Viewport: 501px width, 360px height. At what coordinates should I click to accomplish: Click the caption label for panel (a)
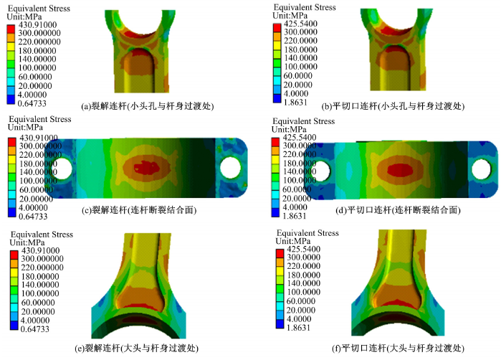(148, 106)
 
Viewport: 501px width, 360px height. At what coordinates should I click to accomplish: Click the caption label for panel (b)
(393, 106)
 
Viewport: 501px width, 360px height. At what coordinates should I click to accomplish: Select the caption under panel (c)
(139, 210)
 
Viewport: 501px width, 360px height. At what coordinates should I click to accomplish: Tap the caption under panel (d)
(398, 210)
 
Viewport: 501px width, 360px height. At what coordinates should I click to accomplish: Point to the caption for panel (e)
(136, 349)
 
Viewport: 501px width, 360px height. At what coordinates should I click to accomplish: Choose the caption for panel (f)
(398, 349)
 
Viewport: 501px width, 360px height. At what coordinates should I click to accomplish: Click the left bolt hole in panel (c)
(62, 169)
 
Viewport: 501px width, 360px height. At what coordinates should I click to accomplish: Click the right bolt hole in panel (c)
(230, 168)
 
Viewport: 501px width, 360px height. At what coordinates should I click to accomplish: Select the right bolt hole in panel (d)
(481, 169)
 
